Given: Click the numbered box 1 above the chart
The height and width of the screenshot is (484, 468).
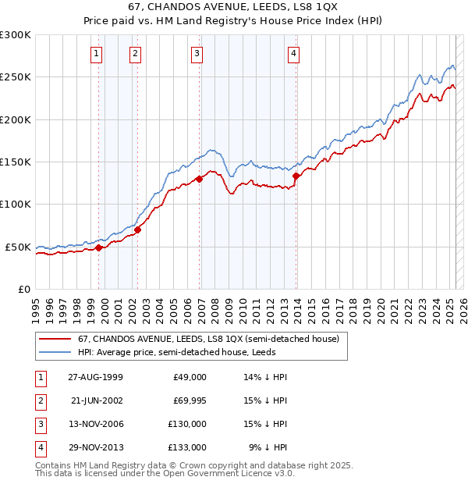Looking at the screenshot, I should pyautogui.click(x=95, y=54).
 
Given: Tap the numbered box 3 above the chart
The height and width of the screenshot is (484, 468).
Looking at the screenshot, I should pyautogui.click(x=197, y=54).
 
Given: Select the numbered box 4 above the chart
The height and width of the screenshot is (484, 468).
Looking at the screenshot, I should pyautogui.click(x=293, y=54).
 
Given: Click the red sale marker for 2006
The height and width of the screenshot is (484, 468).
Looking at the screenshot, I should pyautogui.click(x=200, y=179).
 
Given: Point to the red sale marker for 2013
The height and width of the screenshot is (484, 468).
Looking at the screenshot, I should pyautogui.click(x=296, y=176).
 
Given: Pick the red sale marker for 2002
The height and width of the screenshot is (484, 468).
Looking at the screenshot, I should pyautogui.click(x=138, y=230).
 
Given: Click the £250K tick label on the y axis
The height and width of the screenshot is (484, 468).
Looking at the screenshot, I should pyautogui.click(x=16, y=77).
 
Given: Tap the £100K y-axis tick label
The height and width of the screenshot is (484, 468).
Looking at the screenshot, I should pyautogui.click(x=16, y=204).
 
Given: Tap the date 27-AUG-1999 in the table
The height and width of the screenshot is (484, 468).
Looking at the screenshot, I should pyautogui.click(x=95, y=376).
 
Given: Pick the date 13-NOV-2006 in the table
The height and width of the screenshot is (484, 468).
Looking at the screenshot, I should pyautogui.click(x=95, y=424).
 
